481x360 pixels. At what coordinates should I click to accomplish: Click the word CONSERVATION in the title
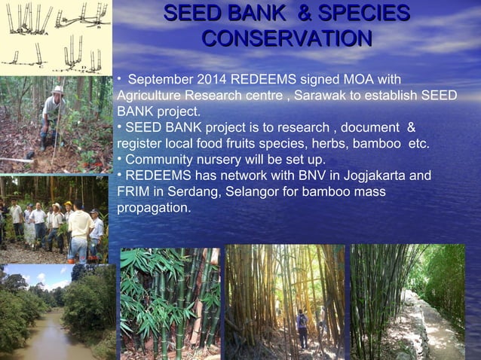[x=286, y=38]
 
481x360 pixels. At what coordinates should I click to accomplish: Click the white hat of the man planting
[x=57, y=90]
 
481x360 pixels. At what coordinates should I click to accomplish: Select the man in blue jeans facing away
[x=78, y=233]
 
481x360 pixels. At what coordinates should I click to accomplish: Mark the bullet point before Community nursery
[x=120, y=159]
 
